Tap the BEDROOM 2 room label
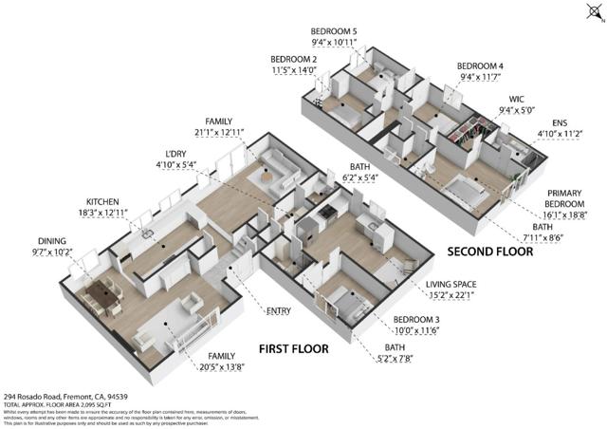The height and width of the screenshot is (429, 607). pos(293,59)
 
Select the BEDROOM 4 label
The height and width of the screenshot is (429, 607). pos(482,66)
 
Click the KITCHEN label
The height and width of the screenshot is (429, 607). pos(104,202)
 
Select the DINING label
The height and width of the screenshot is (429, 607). pos(52,241)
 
